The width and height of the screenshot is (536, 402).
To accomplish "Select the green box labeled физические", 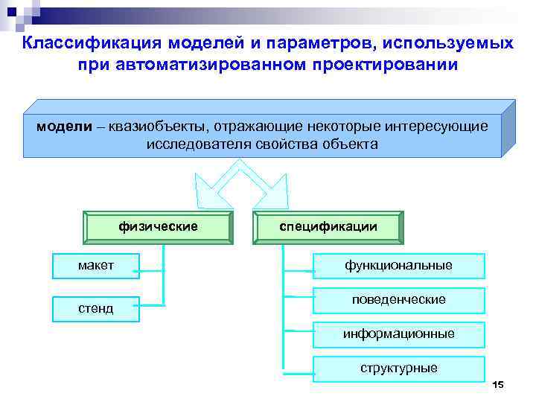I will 158,227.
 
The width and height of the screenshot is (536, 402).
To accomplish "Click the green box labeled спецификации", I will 328,227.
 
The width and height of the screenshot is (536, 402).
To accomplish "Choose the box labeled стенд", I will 95,307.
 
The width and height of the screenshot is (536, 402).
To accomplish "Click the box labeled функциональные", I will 398,265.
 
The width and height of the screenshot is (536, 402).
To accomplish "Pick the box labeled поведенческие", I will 398,299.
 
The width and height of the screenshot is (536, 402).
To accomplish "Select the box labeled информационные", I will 398,334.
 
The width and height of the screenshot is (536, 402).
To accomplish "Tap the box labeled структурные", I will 398,368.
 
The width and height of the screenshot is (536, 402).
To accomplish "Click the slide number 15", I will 498,384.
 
